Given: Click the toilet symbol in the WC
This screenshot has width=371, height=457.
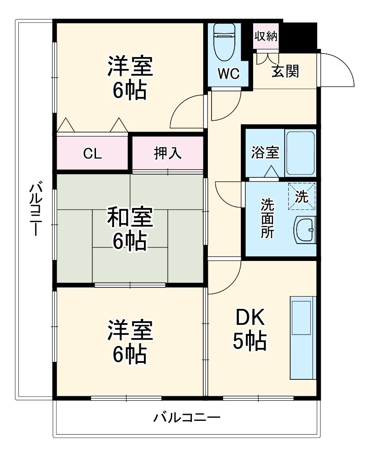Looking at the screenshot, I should click(x=224, y=42).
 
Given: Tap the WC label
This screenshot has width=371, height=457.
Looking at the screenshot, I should click(x=228, y=74).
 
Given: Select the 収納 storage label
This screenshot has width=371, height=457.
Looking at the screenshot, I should click(x=266, y=37).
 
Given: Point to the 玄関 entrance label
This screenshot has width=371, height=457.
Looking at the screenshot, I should click(x=286, y=71).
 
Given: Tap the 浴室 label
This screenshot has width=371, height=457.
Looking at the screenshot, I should click(x=265, y=153).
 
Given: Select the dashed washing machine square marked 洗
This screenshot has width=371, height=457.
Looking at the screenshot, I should click(x=302, y=197).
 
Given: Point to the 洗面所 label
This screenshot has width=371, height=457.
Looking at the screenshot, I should click(x=267, y=218).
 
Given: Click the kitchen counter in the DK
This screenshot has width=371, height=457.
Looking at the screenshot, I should click(x=302, y=338).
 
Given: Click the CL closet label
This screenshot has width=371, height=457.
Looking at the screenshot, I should click(x=92, y=154).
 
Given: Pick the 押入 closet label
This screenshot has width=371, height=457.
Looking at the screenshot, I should click(x=168, y=154).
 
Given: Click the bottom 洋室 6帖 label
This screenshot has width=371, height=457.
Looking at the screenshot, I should click(x=129, y=343).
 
